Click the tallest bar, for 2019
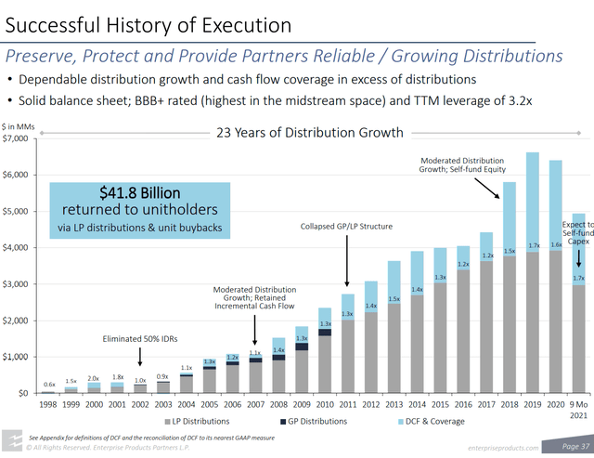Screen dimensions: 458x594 click(532, 279)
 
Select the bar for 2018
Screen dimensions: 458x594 click(509, 297)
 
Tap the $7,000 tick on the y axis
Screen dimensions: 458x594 click(17, 138)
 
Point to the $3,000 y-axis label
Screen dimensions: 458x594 click(17, 284)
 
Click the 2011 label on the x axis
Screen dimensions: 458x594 click(346, 405)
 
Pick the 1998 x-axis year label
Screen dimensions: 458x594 click(48, 405)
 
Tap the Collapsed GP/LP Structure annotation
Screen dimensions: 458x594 click(346, 226)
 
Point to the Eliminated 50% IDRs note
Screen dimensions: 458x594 click(140, 338)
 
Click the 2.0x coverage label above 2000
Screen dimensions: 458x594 click(94, 378)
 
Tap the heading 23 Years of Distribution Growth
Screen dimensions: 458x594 click(310, 132)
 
